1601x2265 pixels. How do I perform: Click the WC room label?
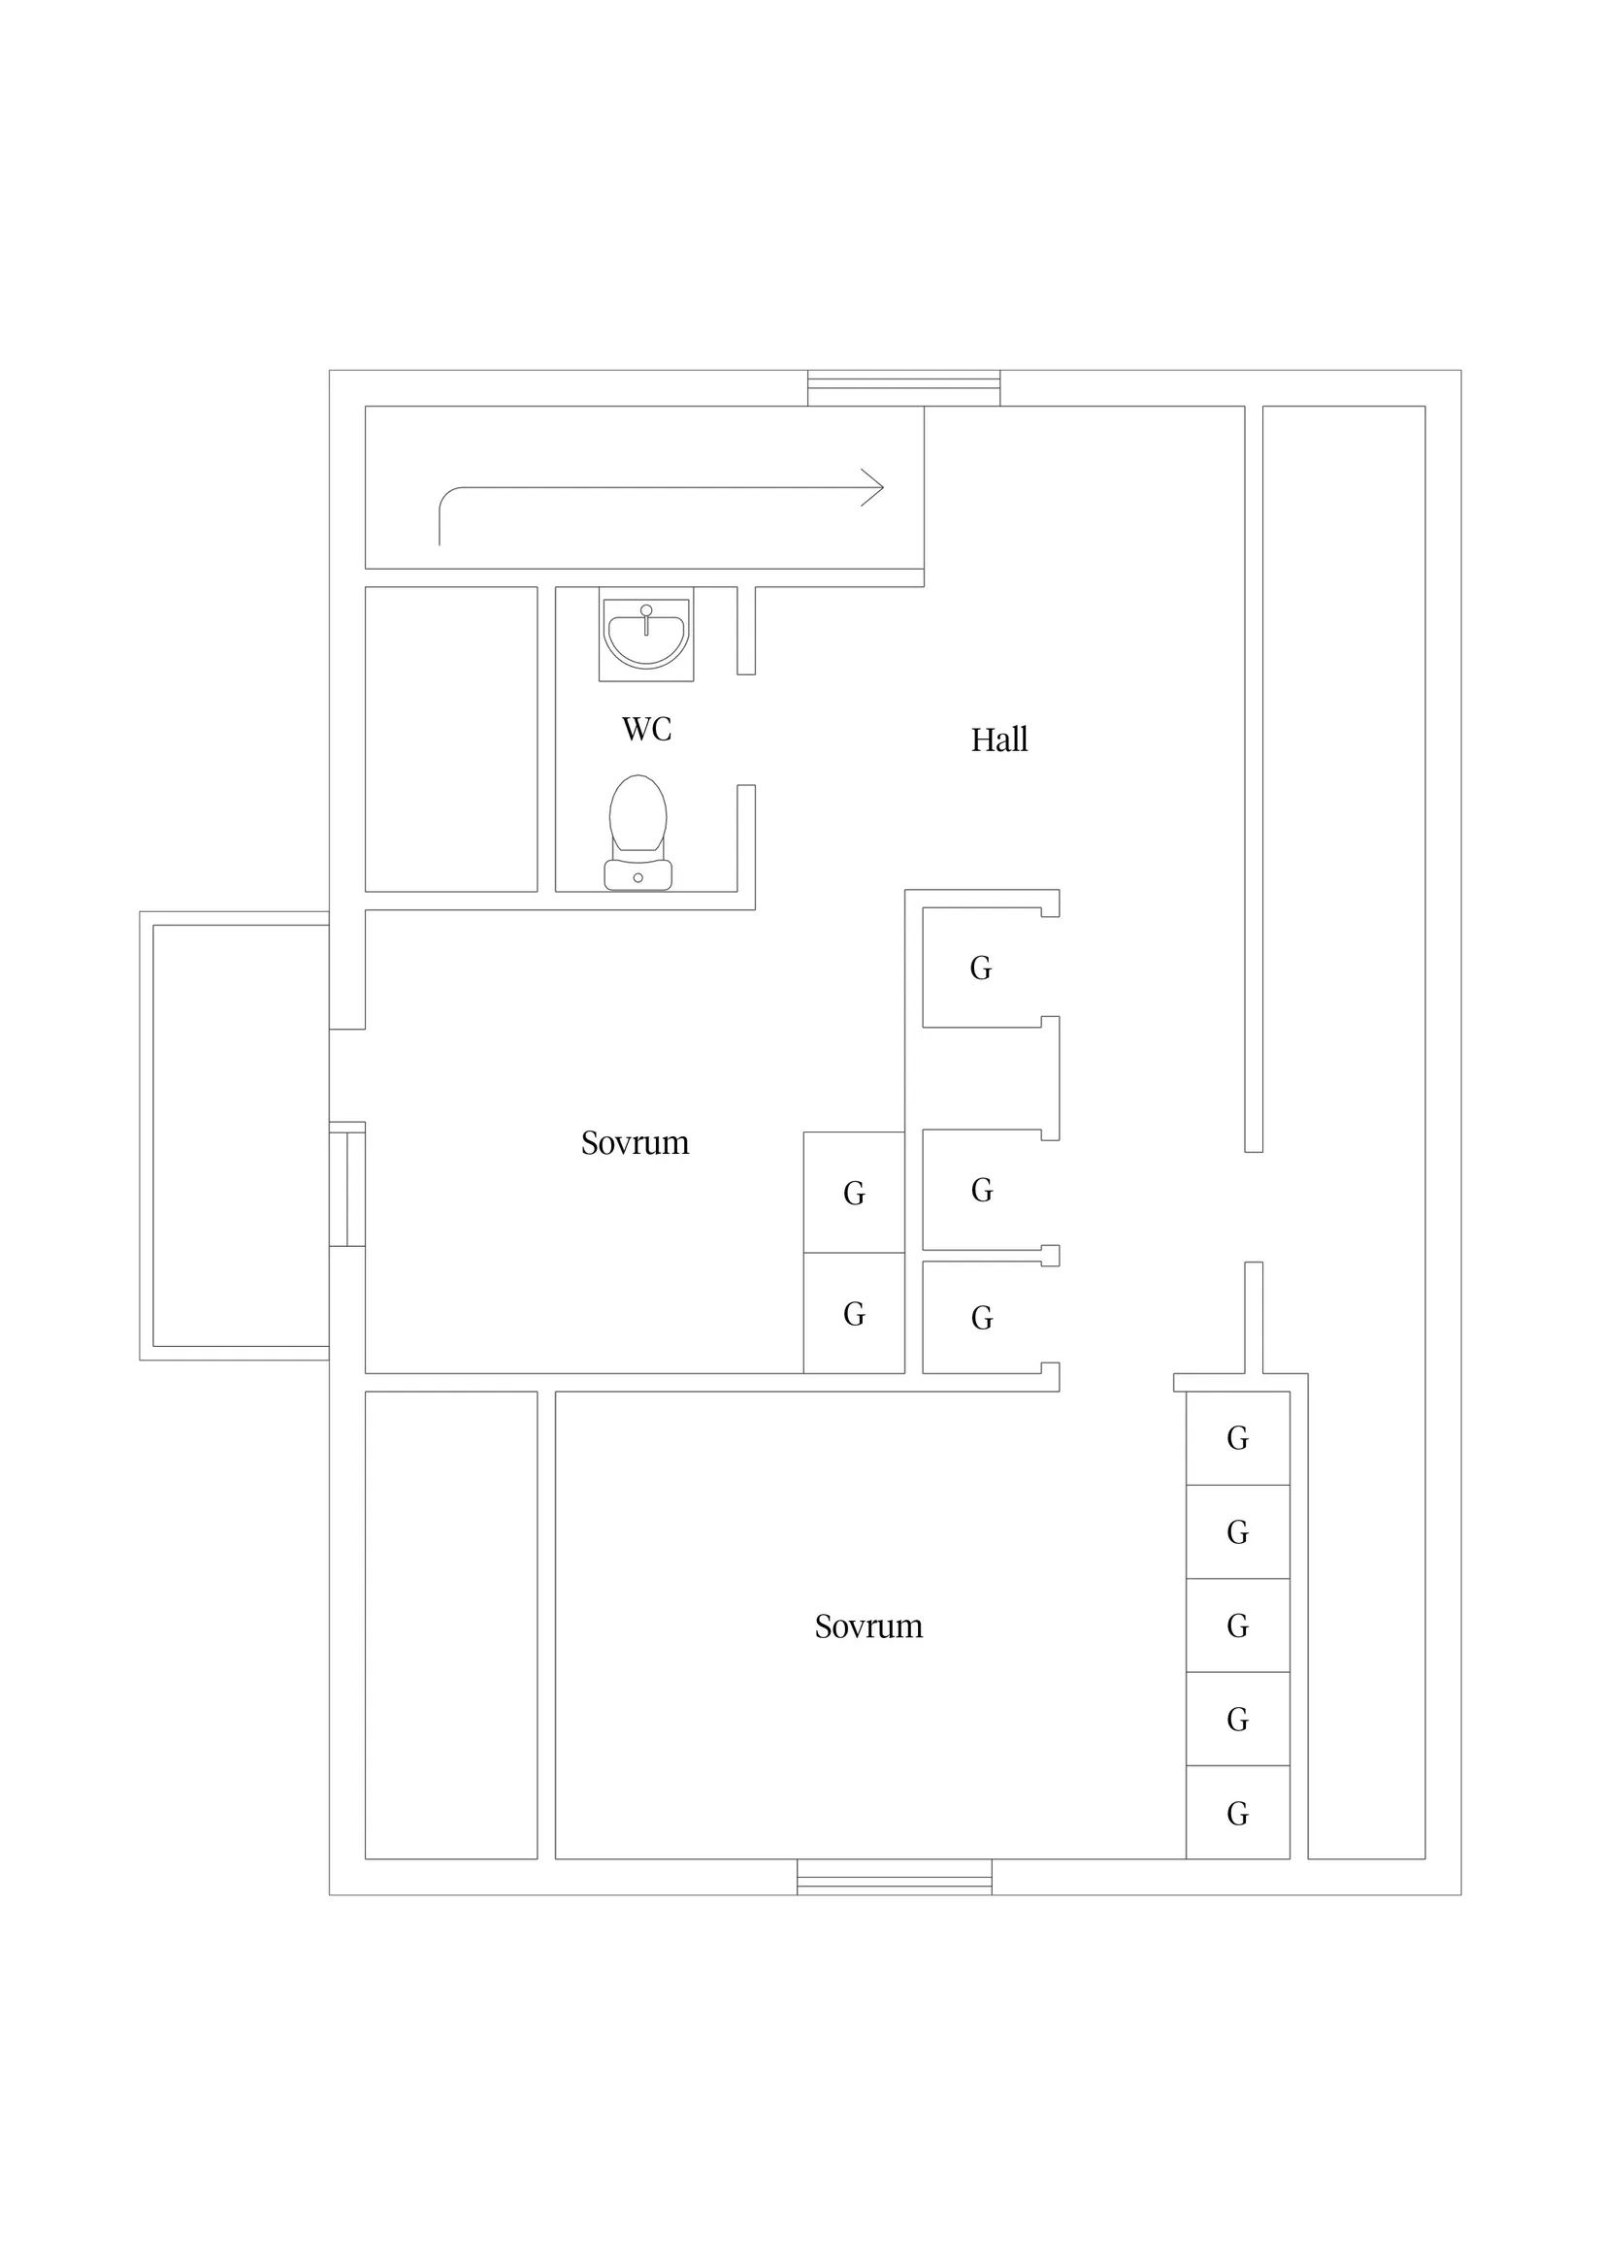[x=646, y=729]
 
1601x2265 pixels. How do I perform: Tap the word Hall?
[x=999, y=739]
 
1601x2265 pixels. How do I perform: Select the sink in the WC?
[x=646, y=635]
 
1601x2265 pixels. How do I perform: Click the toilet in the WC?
[x=638, y=833]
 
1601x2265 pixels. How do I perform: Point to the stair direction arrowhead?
[x=872, y=487]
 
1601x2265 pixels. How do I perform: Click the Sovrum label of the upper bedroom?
[x=636, y=1142]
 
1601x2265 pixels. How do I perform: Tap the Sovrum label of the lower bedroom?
[x=869, y=1625]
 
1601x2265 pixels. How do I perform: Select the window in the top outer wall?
[x=903, y=388]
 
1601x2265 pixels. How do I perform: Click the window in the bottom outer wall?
[x=895, y=1876]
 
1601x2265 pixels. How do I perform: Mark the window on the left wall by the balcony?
[x=347, y=1184]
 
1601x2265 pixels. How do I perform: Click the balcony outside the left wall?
[x=235, y=1135]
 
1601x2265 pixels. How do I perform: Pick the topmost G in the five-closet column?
[x=1238, y=1438]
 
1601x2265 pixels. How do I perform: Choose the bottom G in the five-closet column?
[x=1238, y=1813]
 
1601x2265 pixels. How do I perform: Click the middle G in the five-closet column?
[x=1238, y=1625]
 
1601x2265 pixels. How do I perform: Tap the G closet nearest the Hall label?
[x=981, y=968]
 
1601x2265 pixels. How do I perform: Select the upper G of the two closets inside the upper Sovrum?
[x=854, y=1194]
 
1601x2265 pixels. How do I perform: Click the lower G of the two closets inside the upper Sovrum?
[x=854, y=1314]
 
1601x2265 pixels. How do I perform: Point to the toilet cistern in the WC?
[x=638, y=875]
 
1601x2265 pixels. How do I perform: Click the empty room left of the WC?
[x=451, y=739]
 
